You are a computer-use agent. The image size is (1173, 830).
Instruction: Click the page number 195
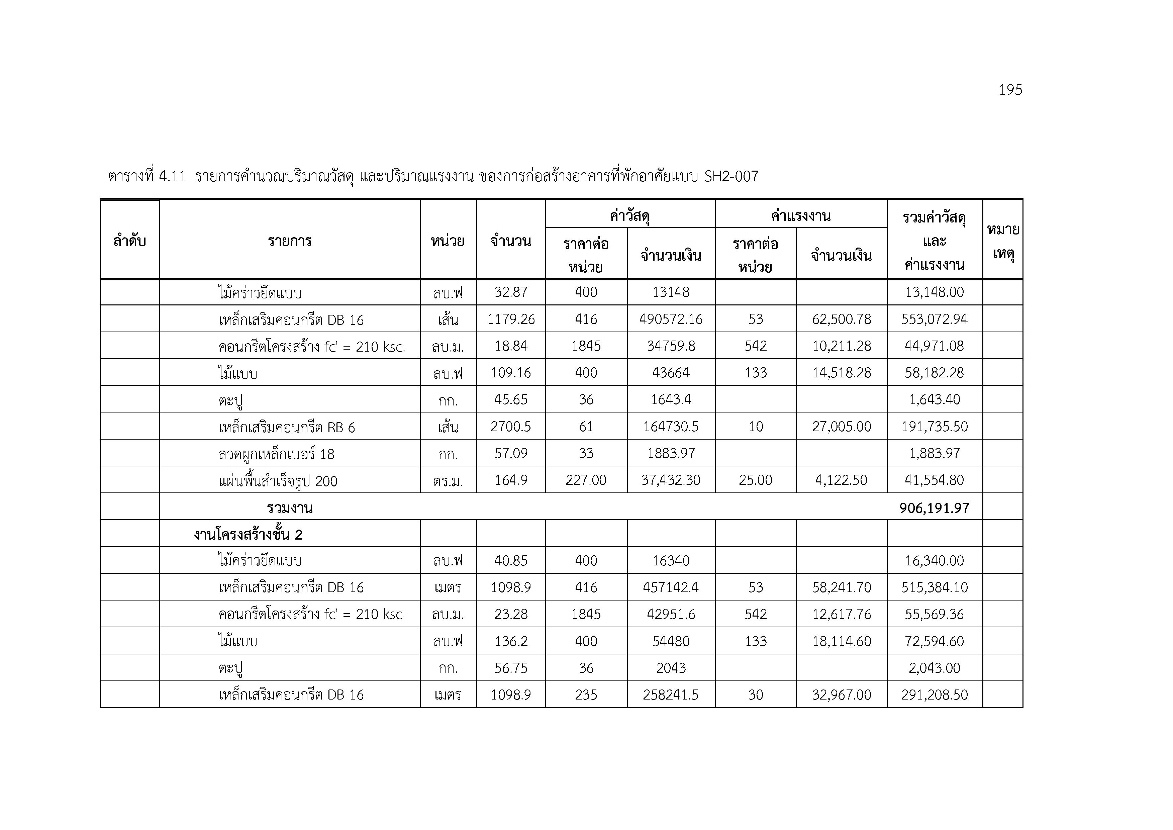1010,90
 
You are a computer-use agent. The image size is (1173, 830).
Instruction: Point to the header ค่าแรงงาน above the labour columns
800,216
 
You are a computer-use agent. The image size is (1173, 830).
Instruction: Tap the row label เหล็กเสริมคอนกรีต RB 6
287,427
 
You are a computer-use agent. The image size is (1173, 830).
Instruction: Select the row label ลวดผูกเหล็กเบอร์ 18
276,454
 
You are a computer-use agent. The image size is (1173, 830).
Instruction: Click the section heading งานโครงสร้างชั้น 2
248,535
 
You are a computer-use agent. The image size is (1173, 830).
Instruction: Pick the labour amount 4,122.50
842,480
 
